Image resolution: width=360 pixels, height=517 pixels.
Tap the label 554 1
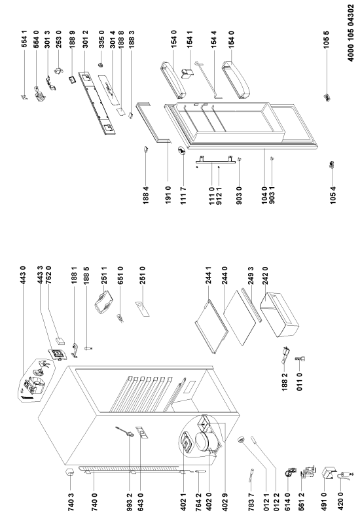point(25,39)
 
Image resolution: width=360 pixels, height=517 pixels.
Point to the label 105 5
point(327,40)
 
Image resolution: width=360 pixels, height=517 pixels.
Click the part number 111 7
point(184,195)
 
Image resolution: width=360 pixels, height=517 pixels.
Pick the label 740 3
point(70,501)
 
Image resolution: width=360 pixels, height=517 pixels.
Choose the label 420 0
point(341,501)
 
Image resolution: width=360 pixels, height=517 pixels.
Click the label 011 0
point(299,382)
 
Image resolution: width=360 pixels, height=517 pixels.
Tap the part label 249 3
point(251,276)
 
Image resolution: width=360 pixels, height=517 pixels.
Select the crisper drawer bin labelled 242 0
point(279,314)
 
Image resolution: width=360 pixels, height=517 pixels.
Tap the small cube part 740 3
point(70,472)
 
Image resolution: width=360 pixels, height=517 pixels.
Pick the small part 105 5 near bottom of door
point(327,97)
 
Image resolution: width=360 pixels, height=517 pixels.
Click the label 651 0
point(120,276)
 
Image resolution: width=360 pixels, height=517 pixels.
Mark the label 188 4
point(146,195)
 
